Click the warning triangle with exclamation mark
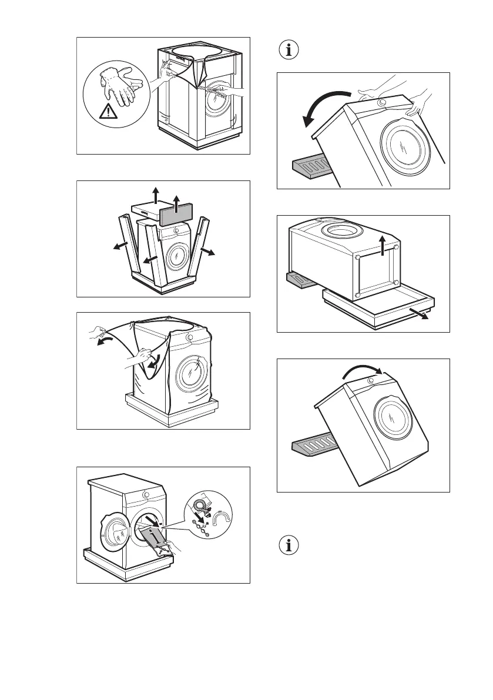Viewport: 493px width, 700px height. pos(108,110)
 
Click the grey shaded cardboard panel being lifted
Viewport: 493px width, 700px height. pos(176,210)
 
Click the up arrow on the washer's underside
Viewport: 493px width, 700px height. pos(383,244)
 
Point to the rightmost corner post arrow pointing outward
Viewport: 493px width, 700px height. pos(209,251)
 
